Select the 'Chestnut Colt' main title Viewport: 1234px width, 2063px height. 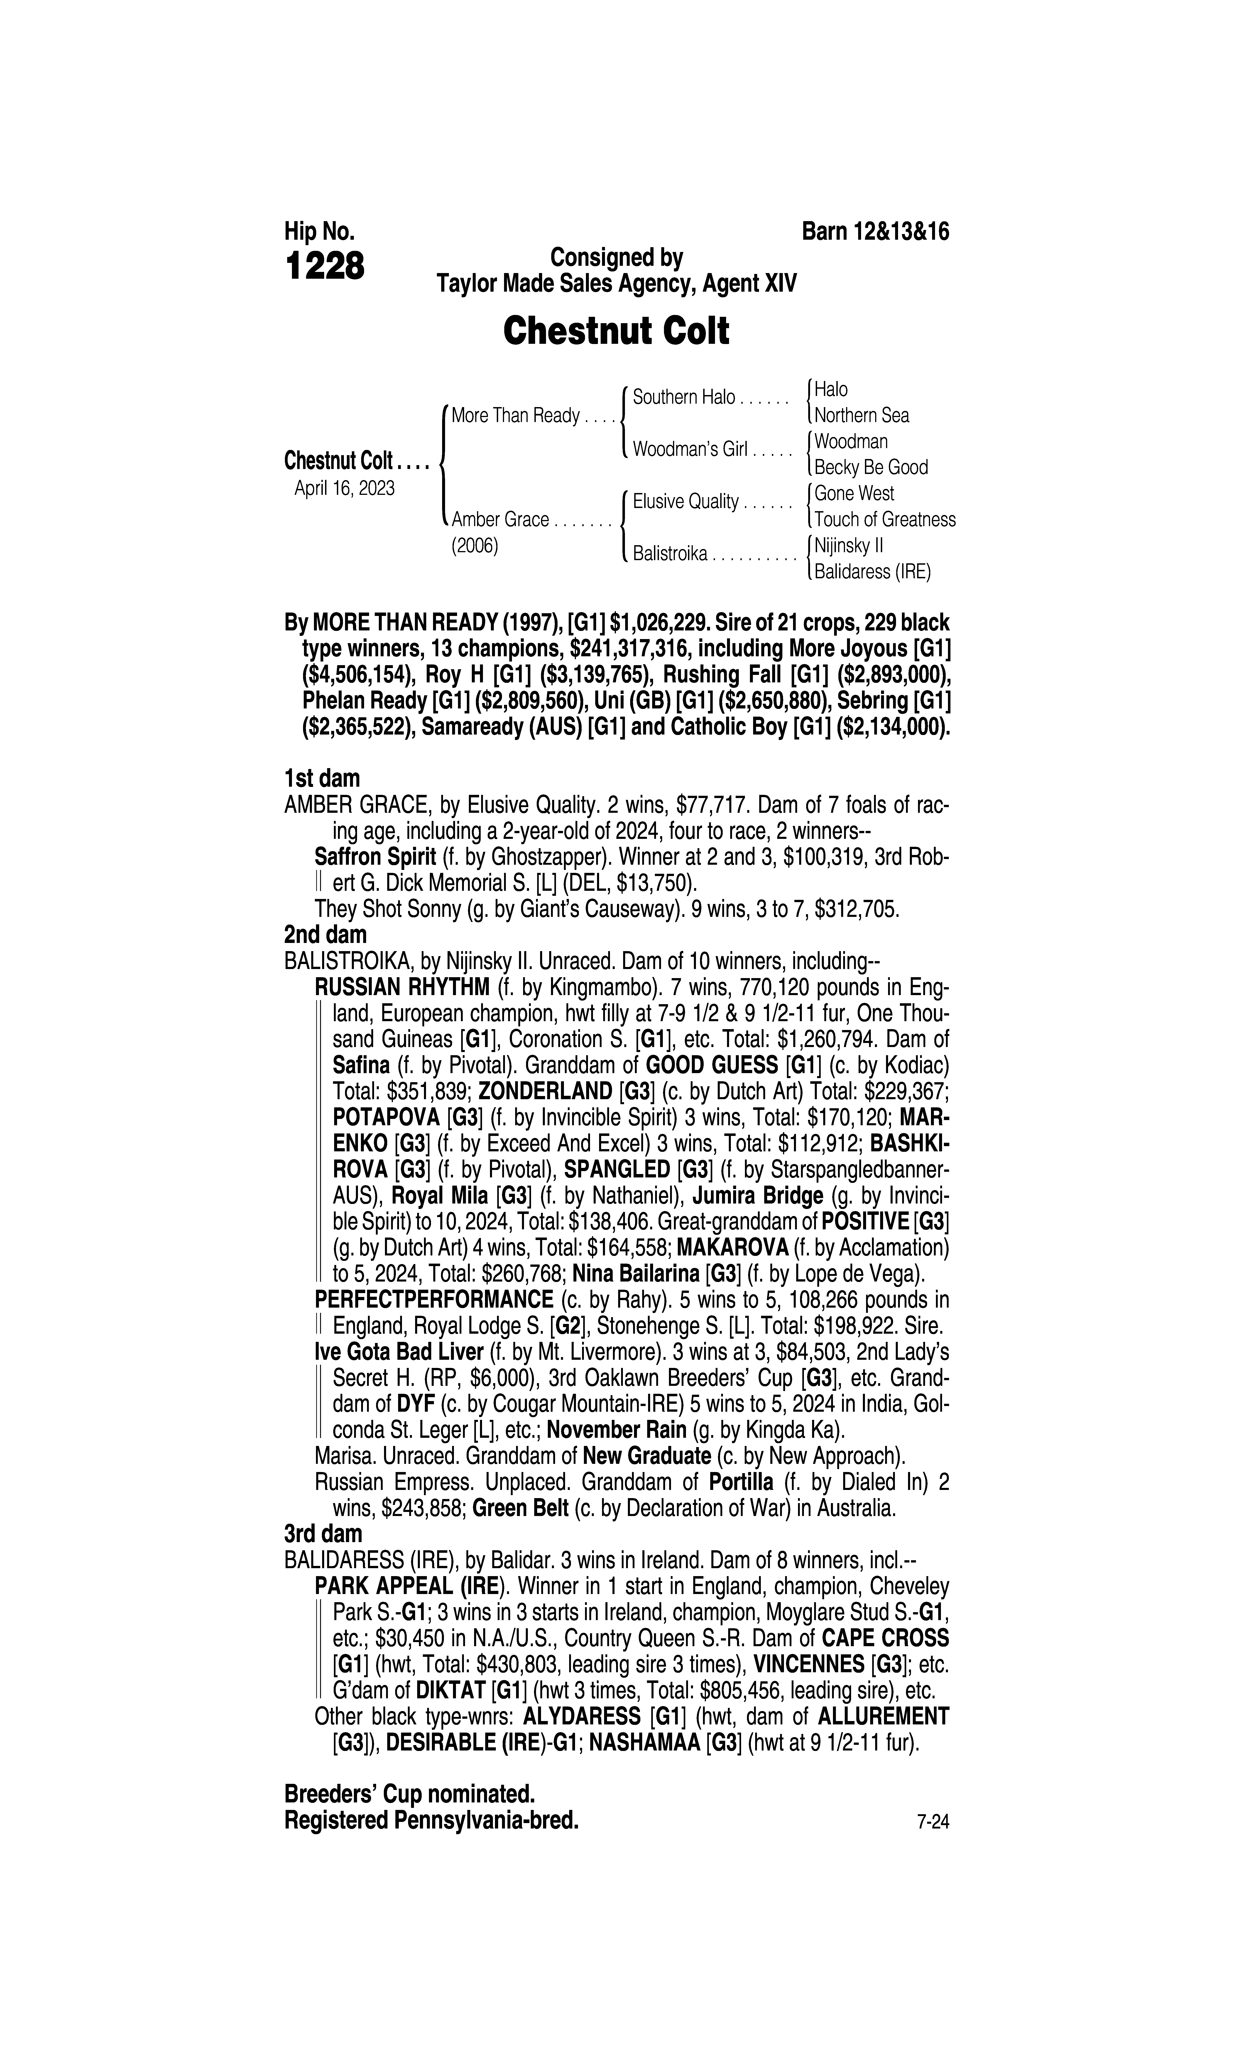[616, 331]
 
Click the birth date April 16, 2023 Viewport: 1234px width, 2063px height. [344, 488]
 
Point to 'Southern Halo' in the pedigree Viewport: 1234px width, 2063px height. [683, 397]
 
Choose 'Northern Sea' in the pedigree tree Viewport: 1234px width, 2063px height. [862, 416]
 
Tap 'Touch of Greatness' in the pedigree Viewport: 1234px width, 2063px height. [885, 520]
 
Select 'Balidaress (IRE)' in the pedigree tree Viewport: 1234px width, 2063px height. [872, 572]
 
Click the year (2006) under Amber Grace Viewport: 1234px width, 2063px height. [474, 547]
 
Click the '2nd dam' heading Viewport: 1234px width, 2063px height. [325, 934]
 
